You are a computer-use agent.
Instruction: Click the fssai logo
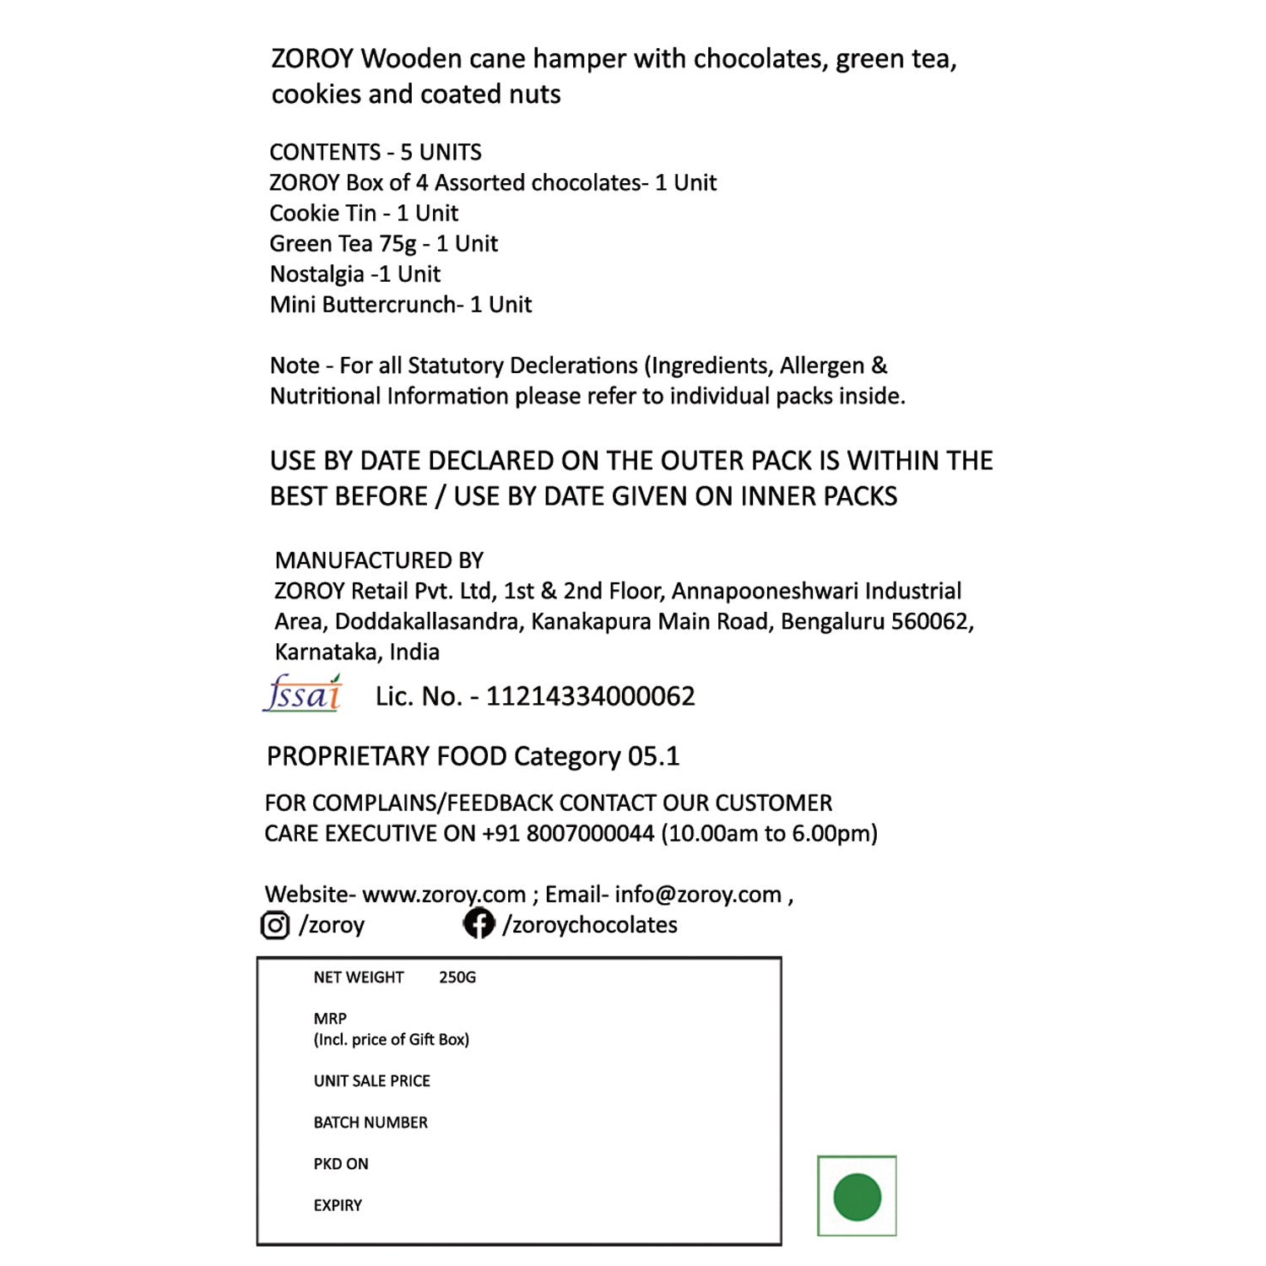tap(303, 694)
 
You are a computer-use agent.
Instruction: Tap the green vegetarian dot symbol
tap(857, 1197)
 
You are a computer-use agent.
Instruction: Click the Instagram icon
tap(274, 925)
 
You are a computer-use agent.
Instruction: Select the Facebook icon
tap(479, 923)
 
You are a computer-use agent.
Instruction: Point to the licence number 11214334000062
tap(590, 696)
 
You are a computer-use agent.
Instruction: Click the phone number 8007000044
tap(590, 834)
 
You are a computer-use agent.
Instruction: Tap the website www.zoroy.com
tap(444, 895)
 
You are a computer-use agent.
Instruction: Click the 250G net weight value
tap(457, 977)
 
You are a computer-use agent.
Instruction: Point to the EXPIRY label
tap(338, 1206)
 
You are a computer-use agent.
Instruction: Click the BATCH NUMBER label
tap(371, 1123)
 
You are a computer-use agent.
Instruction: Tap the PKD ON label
tap(341, 1164)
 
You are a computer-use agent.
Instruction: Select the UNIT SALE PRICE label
tap(372, 1081)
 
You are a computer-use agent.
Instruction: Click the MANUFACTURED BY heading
tap(379, 560)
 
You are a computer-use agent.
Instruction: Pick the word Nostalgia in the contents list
tap(316, 274)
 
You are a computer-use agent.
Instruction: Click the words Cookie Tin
tap(322, 214)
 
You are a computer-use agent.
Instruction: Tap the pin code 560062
tap(929, 622)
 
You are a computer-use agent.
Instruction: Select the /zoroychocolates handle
tap(590, 925)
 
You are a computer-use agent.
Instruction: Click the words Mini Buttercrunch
tap(364, 305)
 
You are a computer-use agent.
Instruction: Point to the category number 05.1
tap(653, 756)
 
